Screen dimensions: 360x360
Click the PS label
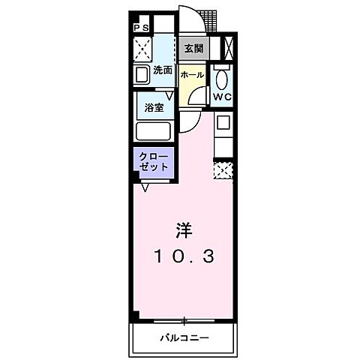tap(141, 28)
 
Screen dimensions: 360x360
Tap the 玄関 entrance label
tap(193, 49)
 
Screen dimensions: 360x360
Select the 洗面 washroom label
tap(163, 70)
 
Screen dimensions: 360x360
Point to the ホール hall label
tap(192, 76)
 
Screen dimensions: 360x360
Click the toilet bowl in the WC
tap(221, 79)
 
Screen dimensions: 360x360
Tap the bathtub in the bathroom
tap(154, 131)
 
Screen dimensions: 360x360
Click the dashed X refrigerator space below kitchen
tap(223, 169)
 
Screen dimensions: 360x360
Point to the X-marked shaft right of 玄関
tap(229, 49)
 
